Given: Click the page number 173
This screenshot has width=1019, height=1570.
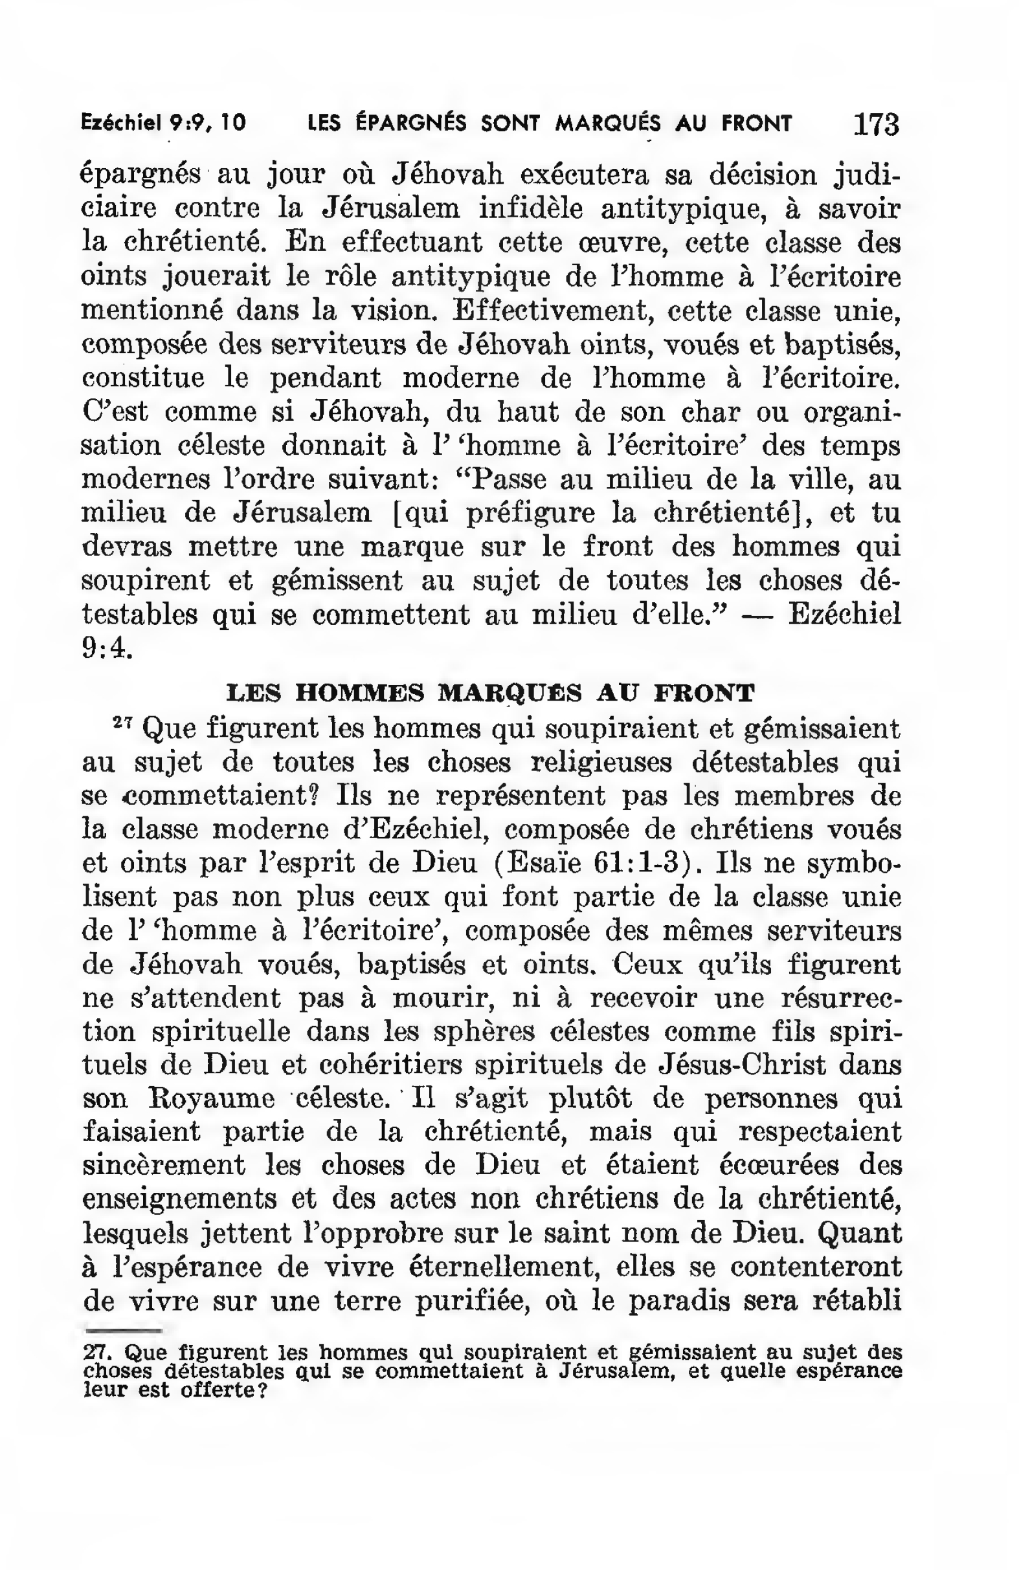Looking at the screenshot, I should point(876,125).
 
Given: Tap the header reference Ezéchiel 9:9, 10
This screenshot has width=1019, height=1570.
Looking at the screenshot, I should point(163,123).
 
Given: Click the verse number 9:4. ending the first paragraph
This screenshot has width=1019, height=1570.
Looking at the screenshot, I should point(107,648).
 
